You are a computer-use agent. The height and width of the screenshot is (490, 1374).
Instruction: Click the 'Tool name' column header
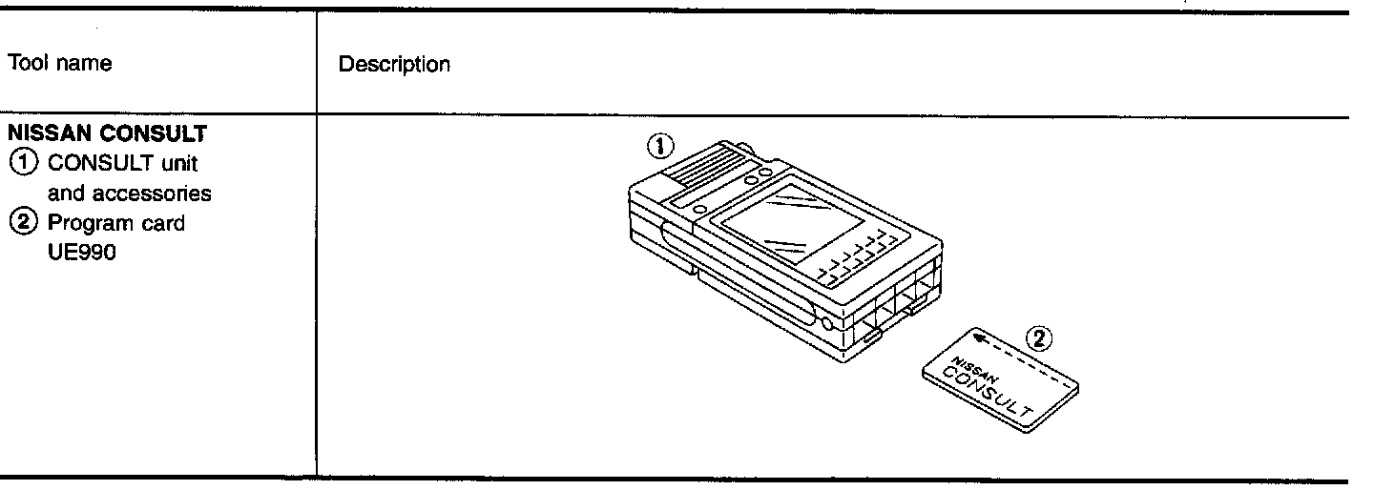[59, 64]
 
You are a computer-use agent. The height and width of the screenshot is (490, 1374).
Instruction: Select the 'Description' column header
[394, 65]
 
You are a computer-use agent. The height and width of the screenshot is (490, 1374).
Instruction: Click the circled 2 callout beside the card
[1042, 337]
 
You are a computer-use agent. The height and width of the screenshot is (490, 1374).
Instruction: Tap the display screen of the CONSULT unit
[774, 223]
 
